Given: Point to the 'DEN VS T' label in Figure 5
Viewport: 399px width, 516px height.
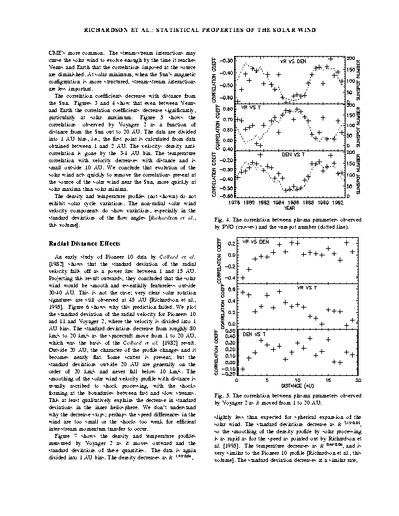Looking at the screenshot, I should click(254, 334).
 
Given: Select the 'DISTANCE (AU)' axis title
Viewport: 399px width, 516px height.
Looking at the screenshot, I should click(297, 386).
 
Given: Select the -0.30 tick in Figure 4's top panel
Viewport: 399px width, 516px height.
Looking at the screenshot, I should click(226, 59).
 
